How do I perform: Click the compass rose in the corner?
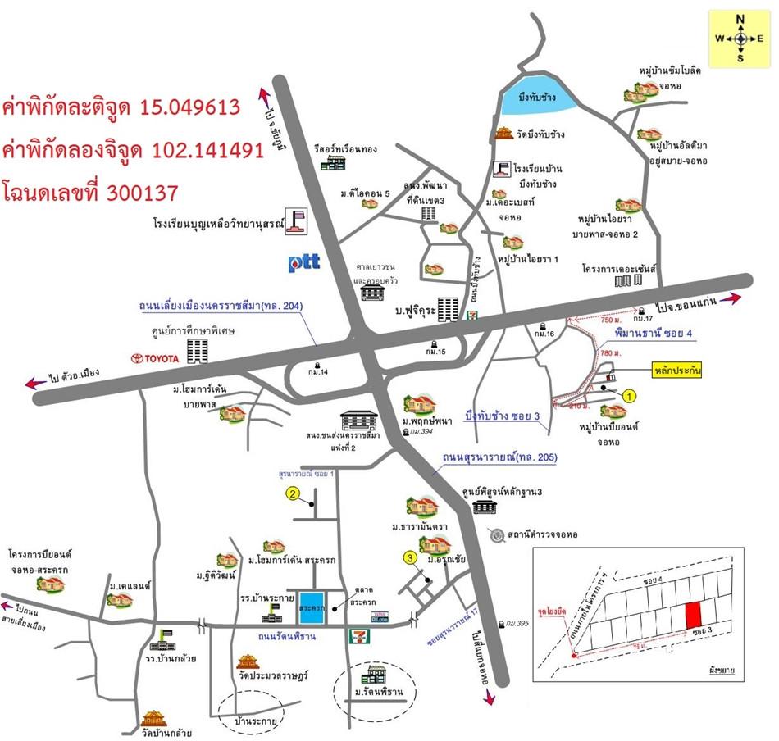[740, 38]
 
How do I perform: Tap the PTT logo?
[303, 264]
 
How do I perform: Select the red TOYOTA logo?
[157, 358]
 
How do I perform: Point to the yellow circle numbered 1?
[629, 395]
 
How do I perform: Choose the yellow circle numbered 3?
[410, 559]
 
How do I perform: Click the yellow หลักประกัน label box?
[677, 370]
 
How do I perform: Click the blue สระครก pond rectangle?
[312, 608]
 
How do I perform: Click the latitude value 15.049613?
[190, 107]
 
